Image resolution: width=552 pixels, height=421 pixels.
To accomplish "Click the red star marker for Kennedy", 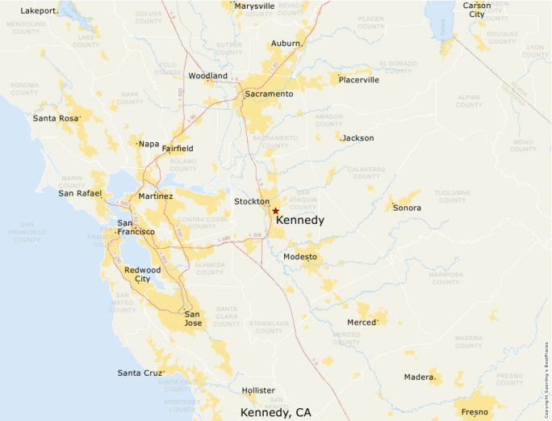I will [x=275, y=211].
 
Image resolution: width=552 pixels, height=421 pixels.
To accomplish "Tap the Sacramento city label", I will [x=269, y=94].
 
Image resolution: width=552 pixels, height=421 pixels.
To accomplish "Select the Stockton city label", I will [x=252, y=201].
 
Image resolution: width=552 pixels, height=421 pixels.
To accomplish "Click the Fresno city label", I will [x=475, y=412].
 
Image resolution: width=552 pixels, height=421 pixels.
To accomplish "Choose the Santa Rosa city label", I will [x=56, y=118].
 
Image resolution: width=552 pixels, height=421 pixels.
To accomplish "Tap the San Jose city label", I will [x=193, y=318].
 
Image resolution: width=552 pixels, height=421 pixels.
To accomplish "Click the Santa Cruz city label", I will [x=140, y=373].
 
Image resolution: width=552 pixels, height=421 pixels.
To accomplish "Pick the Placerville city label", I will [x=359, y=80].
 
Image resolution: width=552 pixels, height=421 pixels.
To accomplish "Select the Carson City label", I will [x=475, y=10].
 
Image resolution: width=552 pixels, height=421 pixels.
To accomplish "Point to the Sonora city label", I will [x=407, y=208].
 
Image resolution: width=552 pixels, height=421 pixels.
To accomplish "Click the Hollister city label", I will [x=258, y=390].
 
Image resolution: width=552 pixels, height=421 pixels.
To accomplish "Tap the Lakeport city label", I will [x=39, y=11].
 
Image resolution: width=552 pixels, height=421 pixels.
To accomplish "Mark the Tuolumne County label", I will [x=452, y=196].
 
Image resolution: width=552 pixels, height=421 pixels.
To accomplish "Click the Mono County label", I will [x=523, y=145].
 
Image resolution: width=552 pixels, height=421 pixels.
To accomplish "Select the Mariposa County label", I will [x=446, y=278].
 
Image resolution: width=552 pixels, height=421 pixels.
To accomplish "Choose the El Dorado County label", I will [x=397, y=66].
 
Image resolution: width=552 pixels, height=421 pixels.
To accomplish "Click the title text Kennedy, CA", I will [x=275, y=412].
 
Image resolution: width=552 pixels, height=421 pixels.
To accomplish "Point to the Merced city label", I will [x=362, y=322].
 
